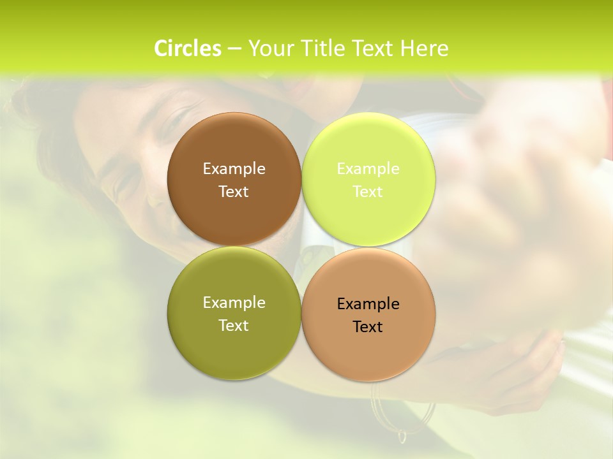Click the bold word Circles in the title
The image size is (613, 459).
(188, 48)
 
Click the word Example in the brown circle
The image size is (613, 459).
(234, 169)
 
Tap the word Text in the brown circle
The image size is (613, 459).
(234, 192)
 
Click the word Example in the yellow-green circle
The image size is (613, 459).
(368, 169)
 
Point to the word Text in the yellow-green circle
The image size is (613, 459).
(368, 192)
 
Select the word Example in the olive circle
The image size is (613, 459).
(234, 303)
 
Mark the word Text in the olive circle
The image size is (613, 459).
(234, 326)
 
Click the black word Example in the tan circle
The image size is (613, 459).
(368, 304)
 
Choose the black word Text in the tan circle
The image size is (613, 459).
(368, 327)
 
